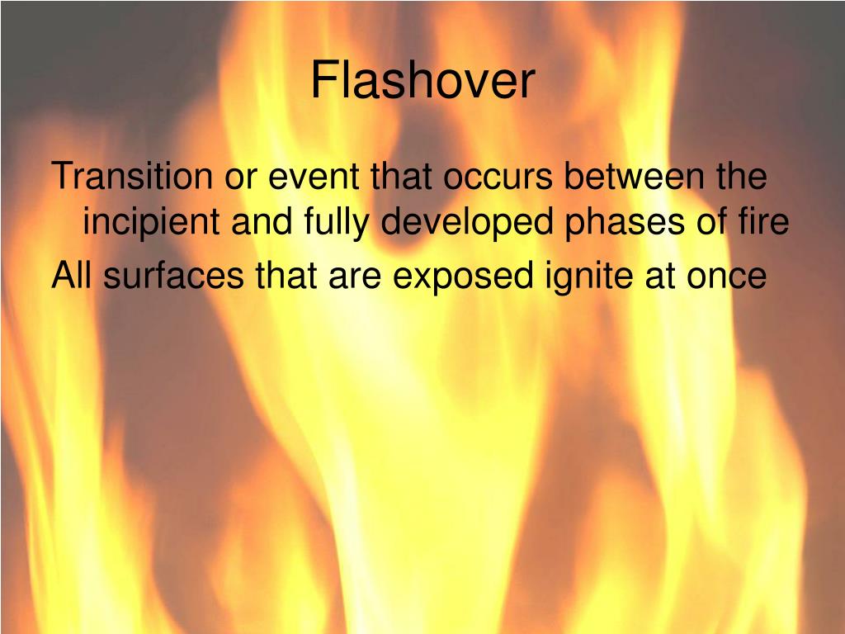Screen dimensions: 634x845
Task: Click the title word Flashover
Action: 422,82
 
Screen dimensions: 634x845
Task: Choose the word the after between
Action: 740,177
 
